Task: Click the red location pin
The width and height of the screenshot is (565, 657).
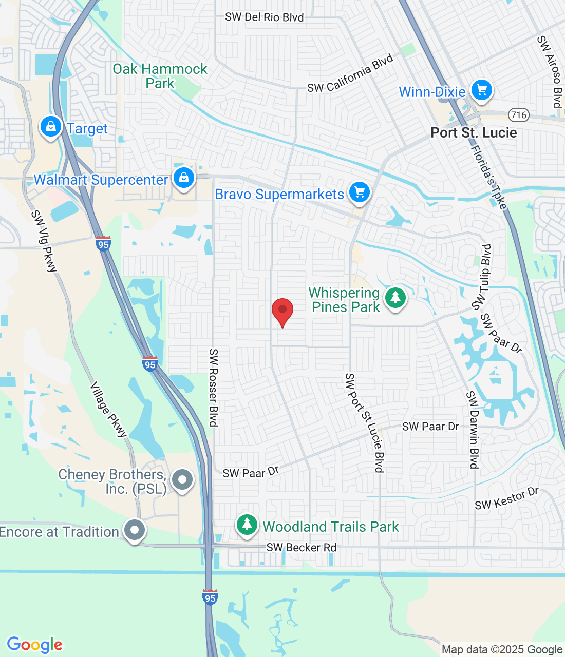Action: pos(282,311)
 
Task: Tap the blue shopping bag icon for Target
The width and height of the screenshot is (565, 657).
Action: pos(51,126)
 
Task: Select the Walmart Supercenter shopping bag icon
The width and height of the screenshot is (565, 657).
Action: pos(183,178)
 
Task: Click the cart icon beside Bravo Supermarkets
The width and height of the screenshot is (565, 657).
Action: pos(360,192)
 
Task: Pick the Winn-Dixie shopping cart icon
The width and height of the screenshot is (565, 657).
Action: pos(481,90)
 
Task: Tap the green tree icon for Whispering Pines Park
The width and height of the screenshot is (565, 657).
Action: pos(395,298)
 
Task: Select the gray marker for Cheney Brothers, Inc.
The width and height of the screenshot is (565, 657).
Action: pos(182,480)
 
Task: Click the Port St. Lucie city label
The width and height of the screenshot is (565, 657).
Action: pos(474,132)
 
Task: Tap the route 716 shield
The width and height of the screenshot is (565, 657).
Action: pos(519,114)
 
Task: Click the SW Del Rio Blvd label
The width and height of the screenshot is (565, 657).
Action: pos(265,17)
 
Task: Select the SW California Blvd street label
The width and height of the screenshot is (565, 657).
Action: pos(350,74)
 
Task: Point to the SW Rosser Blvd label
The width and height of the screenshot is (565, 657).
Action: pos(214,388)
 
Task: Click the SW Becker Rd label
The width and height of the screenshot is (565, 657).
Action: pos(302,548)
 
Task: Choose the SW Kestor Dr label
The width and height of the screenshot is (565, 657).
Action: pos(506,499)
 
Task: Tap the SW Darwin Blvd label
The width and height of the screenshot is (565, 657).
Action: pos(473,430)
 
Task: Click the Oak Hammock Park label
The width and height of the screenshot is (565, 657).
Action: pos(160,76)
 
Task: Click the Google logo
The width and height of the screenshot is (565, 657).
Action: pos(35,645)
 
